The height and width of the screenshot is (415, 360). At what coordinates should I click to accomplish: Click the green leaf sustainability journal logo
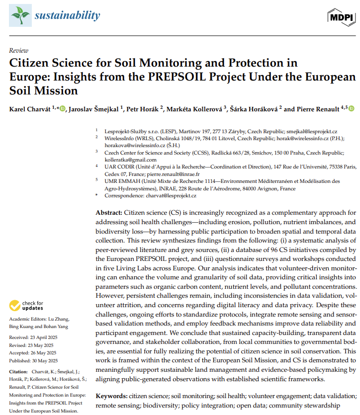click(x=20, y=16)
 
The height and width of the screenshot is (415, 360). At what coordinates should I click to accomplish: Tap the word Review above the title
click(x=19, y=51)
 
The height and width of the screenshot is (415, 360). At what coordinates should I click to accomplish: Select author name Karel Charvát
click(x=29, y=109)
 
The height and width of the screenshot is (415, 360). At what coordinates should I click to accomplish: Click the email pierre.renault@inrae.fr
click(x=176, y=174)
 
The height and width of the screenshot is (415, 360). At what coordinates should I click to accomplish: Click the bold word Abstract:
click(x=108, y=212)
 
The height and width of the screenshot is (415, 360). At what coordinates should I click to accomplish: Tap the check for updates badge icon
click(x=15, y=305)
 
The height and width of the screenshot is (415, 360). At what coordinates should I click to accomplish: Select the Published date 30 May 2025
click(x=43, y=361)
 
